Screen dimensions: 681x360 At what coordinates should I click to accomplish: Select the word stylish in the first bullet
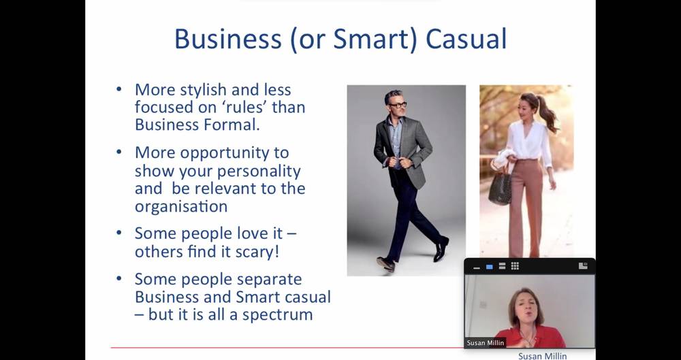coord(203,91)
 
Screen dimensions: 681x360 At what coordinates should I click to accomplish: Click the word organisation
coord(181,206)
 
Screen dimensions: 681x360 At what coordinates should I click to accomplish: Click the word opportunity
coord(234,153)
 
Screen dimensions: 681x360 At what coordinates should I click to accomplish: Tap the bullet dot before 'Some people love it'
coord(119,233)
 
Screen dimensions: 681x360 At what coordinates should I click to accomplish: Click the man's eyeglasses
coord(398,105)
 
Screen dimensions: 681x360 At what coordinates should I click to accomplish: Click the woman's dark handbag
coord(500,188)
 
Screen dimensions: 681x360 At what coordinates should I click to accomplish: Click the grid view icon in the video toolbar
coord(515,266)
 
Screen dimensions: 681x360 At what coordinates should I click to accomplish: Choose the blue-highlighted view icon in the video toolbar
coord(490,267)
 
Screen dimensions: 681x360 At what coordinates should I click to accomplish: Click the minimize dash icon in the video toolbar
coord(477,268)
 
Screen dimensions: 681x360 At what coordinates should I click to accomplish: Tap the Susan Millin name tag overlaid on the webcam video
coord(486,342)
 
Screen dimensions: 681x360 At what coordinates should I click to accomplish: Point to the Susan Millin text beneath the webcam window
coord(543,356)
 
